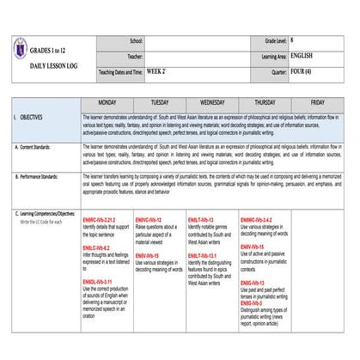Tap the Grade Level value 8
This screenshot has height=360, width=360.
pyautogui.click(x=293, y=40)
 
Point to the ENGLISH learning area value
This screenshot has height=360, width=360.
pyautogui.click(x=302, y=56)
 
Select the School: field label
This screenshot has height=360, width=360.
pyautogui.click(x=136, y=40)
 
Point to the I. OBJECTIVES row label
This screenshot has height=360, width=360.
pyautogui.click(x=35, y=115)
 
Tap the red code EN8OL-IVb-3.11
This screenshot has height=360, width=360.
pyautogui.click(x=98, y=281)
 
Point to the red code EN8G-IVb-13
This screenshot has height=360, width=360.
pyautogui.click(x=252, y=282)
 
